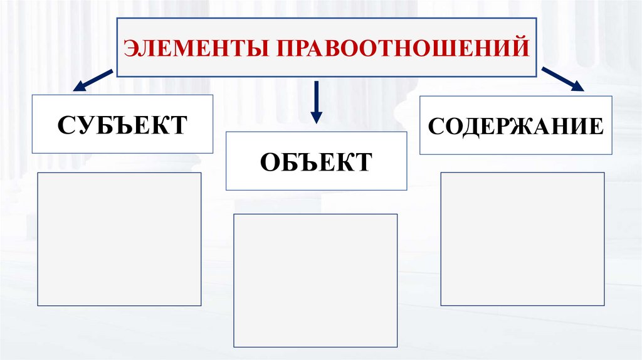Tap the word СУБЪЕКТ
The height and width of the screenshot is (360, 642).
tap(122, 124)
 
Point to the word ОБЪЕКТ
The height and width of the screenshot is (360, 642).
tap(315, 162)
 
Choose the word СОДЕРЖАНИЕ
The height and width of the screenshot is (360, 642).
tap(516, 125)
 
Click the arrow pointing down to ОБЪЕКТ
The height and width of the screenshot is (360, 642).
tap(316, 100)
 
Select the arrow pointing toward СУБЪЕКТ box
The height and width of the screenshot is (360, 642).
tap(94, 81)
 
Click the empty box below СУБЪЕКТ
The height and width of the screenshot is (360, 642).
tap(119, 239)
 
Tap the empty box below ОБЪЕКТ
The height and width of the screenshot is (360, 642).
tap(315, 280)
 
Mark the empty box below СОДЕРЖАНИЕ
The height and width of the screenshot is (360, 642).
tap(522, 238)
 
